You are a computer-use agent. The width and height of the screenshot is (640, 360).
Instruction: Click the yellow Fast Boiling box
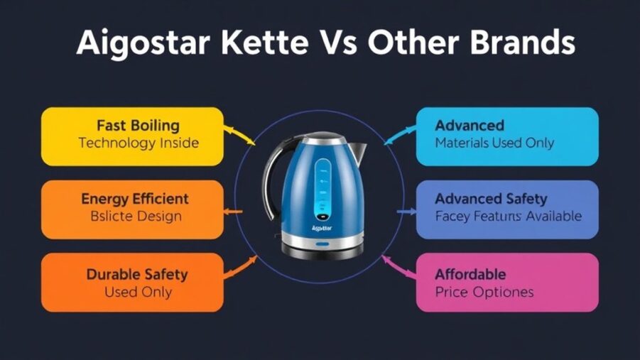[132, 136]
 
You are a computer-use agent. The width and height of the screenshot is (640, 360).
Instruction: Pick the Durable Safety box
[132, 282]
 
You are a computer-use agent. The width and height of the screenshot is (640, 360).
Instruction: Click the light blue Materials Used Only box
[506, 136]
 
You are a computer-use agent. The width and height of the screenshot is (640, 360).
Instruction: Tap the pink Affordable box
[506, 282]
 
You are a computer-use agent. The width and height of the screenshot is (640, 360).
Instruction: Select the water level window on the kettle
[323, 188]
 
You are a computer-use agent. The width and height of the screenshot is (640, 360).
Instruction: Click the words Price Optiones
[484, 292]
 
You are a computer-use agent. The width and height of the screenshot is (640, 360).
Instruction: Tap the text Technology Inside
[139, 143]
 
